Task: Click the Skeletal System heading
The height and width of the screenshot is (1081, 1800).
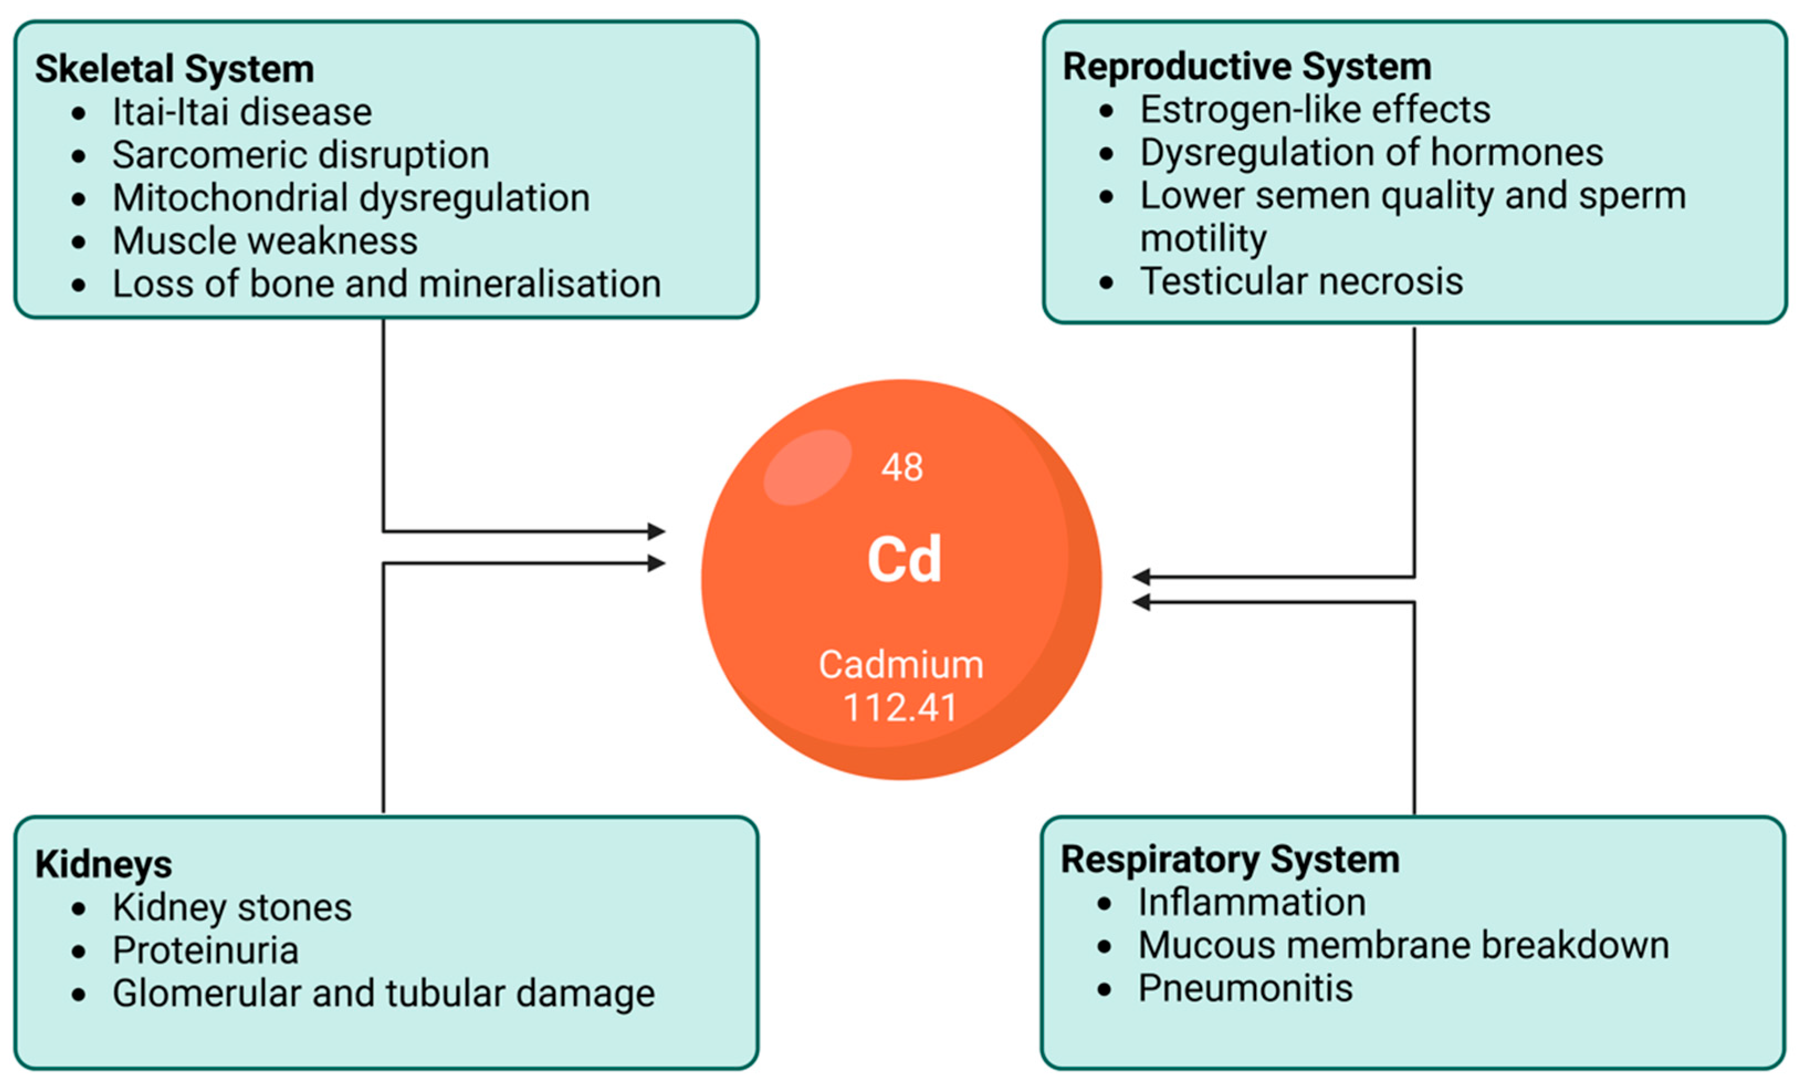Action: (174, 69)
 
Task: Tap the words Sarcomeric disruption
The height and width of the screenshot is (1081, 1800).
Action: (300, 155)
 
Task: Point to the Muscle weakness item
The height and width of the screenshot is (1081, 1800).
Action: (265, 241)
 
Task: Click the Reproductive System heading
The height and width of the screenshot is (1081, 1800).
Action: (1246, 67)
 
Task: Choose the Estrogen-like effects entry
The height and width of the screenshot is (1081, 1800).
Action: (1315, 110)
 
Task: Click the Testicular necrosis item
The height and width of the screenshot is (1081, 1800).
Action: (1301, 282)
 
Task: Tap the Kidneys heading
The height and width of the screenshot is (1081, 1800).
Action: (103, 864)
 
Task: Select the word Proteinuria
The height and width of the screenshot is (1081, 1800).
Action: (206, 951)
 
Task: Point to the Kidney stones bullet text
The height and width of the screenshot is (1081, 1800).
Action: (232, 908)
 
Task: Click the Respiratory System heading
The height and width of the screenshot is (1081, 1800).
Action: (1230, 859)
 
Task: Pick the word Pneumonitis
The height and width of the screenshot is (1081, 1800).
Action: (1245, 989)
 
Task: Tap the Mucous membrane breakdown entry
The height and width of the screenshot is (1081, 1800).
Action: (1403, 946)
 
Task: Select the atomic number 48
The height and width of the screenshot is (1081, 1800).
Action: (901, 467)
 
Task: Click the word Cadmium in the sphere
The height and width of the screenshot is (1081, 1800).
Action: (901, 665)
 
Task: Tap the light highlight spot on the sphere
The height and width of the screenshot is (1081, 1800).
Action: (807, 467)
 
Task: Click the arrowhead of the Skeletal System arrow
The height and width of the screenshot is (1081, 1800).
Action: (657, 531)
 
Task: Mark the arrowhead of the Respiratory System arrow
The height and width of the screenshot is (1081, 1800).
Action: (1141, 602)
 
